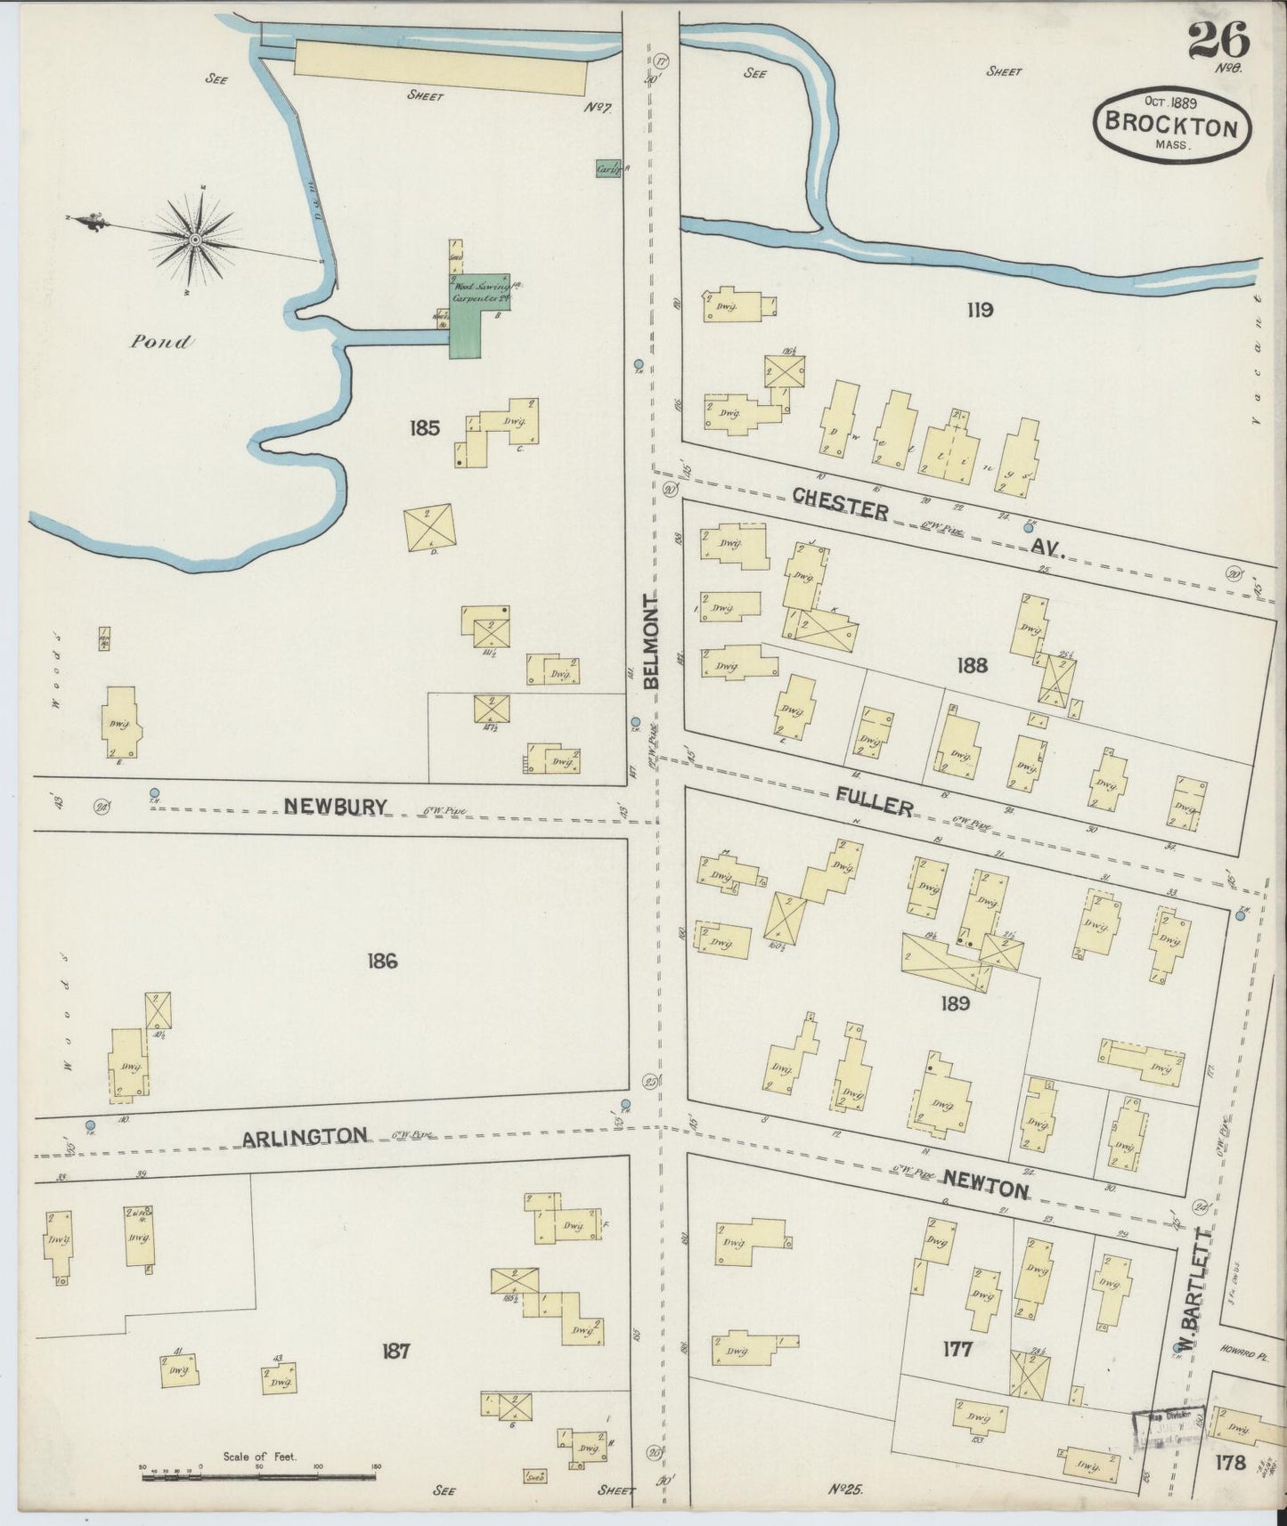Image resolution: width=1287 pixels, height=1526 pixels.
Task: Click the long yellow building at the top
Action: (440, 67)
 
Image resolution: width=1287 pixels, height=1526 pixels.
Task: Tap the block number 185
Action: (424, 428)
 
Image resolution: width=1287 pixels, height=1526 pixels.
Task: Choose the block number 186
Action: (381, 961)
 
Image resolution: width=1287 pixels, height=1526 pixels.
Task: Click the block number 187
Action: (395, 1351)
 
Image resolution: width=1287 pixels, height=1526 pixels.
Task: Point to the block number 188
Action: (972, 665)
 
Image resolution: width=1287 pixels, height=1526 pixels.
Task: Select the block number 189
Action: (954, 1003)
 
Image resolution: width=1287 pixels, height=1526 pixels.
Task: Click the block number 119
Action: (979, 311)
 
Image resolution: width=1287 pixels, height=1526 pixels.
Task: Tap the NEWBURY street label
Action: (336, 807)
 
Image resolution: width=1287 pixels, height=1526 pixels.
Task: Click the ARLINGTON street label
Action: (305, 1136)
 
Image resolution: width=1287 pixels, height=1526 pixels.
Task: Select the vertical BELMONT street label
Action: (651, 641)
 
